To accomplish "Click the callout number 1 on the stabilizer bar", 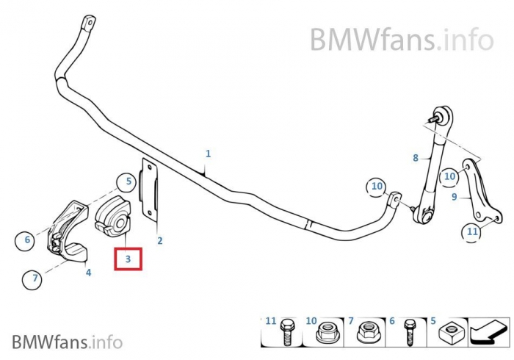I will [x=208, y=154].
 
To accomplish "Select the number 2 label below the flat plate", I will [x=159, y=240].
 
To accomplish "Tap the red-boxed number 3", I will [x=128, y=259].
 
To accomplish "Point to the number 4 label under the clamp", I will [x=88, y=273].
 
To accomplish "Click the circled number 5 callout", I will [x=128, y=181].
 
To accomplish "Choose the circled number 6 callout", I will [x=27, y=240].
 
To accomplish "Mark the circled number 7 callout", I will [x=34, y=278].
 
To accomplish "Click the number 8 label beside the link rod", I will [x=415, y=157].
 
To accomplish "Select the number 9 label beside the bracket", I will [x=454, y=196].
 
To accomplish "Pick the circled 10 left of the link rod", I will [x=377, y=187].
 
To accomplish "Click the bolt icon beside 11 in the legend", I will [x=288, y=334].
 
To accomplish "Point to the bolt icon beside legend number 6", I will [x=410, y=335].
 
